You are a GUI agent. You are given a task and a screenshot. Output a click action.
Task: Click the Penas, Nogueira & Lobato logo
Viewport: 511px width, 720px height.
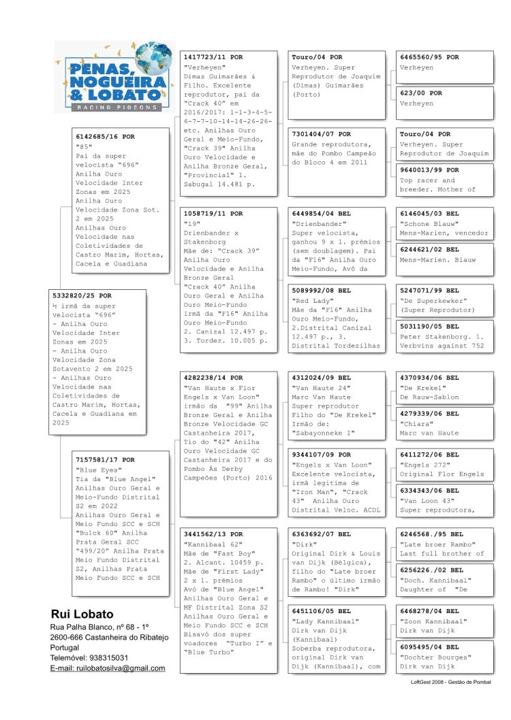click(112, 77)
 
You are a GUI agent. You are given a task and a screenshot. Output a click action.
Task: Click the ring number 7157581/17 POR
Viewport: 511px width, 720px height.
click(105, 460)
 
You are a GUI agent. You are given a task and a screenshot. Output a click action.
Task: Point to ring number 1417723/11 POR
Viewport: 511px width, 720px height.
click(213, 57)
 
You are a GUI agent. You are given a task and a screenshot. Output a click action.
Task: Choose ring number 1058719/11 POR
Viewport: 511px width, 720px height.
click(213, 213)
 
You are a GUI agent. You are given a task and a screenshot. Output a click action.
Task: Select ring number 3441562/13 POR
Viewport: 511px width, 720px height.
click(213, 534)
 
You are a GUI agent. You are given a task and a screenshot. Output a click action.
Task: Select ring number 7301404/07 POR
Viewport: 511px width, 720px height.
click(321, 134)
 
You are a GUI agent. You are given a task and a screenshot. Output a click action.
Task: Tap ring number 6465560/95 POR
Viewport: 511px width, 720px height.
click(429, 57)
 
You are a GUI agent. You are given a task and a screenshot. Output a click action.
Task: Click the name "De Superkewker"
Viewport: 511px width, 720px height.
click(433, 301)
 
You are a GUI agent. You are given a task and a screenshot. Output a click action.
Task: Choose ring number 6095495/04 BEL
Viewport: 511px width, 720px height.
click(429, 647)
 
